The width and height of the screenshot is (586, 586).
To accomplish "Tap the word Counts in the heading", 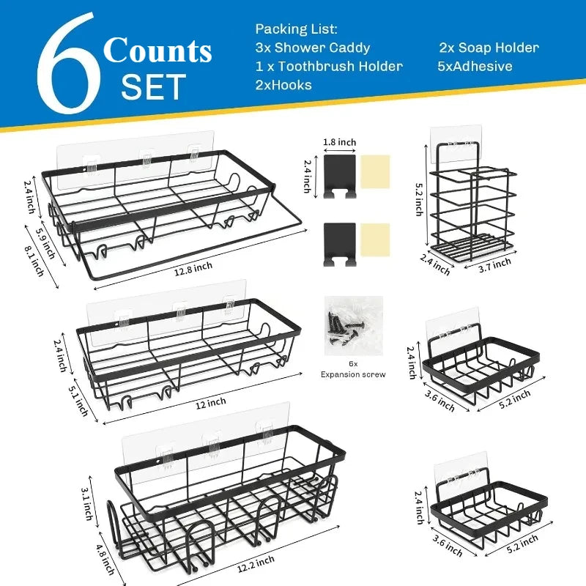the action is (x=157, y=50).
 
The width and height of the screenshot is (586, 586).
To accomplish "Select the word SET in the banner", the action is (x=153, y=86).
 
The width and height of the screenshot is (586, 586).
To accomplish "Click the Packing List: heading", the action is (x=297, y=29).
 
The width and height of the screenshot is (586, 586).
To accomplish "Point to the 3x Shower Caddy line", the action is (x=313, y=48).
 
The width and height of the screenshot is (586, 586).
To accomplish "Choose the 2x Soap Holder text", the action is (x=489, y=48).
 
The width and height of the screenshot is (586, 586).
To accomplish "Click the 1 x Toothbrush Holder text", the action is (x=329, y=67).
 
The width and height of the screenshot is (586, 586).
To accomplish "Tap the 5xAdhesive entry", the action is (x=475, y=67).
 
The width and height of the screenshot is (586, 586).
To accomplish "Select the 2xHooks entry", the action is (x=283, y=85).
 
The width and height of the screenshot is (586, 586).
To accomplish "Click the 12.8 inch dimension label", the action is (x=193, y=269).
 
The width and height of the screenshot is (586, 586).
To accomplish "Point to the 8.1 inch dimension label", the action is (x=34, y=261).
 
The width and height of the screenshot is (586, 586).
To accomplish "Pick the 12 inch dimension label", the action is (x=211, y=404).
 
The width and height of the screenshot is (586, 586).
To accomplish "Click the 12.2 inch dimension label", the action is (x=256, y=563).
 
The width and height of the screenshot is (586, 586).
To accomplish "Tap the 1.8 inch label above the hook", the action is (x=339, y=142).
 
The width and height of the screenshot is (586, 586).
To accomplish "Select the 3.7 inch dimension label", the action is (x=494, y=265).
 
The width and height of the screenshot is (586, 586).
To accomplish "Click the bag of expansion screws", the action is (x=354, y=326).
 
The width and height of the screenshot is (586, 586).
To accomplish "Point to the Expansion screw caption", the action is (x=353, y=374).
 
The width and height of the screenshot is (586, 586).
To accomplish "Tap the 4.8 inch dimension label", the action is (x=105, y=560).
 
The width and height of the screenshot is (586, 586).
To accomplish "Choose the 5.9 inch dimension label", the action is (x=45, y=243).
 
